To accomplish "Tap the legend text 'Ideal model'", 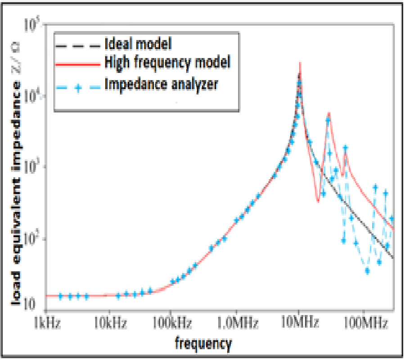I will coord(139,45).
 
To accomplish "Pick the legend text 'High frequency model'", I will coord(167,63).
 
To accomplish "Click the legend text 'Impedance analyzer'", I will coord(162,84).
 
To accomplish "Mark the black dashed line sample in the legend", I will coord(77,45).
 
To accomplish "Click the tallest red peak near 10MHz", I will coord(300,63).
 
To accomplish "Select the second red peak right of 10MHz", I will coord(329,113).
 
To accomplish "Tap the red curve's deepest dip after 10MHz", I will coord(318,201).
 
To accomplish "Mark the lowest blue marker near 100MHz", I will coord(368,271).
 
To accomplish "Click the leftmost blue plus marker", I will coord(60,296).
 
